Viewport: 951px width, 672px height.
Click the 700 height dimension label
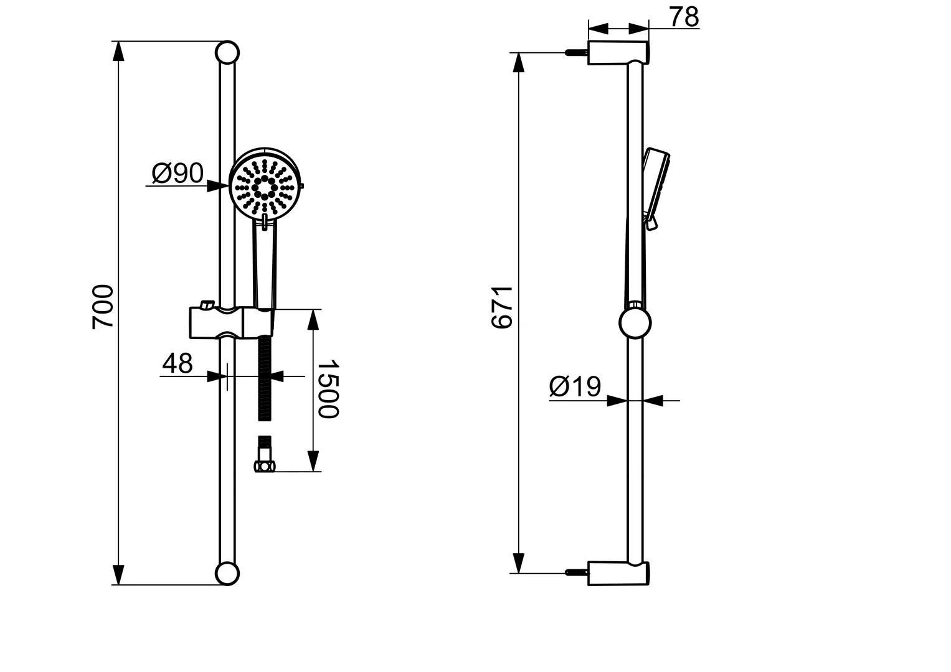pyautogui.click(x=103, y=307)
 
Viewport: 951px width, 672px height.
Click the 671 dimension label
pyautogui.click(x=501, y=307)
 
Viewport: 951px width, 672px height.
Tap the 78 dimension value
pyautogui.click(x=684, y=18)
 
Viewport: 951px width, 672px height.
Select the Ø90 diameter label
pyautogui.click(x=177, y=174)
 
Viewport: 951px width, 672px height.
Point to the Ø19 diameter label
pyautogui.click(x=575, y=387)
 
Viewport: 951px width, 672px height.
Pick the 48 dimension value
pyautogui.click(x=177, y=364)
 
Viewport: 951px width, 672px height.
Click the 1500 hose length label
pyautogui.click(x=328, y=389)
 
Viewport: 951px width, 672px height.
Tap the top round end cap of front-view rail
pyautogui.click(x=227, y=52)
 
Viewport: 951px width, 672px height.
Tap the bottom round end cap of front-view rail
pyautogui.click(x=227, y=574)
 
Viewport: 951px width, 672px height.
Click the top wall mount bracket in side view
pyautogui.click(x=618, y=52)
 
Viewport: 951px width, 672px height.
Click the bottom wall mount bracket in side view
pyautogui.click(x=618, y=573)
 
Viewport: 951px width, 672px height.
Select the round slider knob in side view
pyautogui.click(x=635, y=323)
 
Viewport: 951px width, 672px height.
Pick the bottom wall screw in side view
pyautogui.click(x=576, y=572)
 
